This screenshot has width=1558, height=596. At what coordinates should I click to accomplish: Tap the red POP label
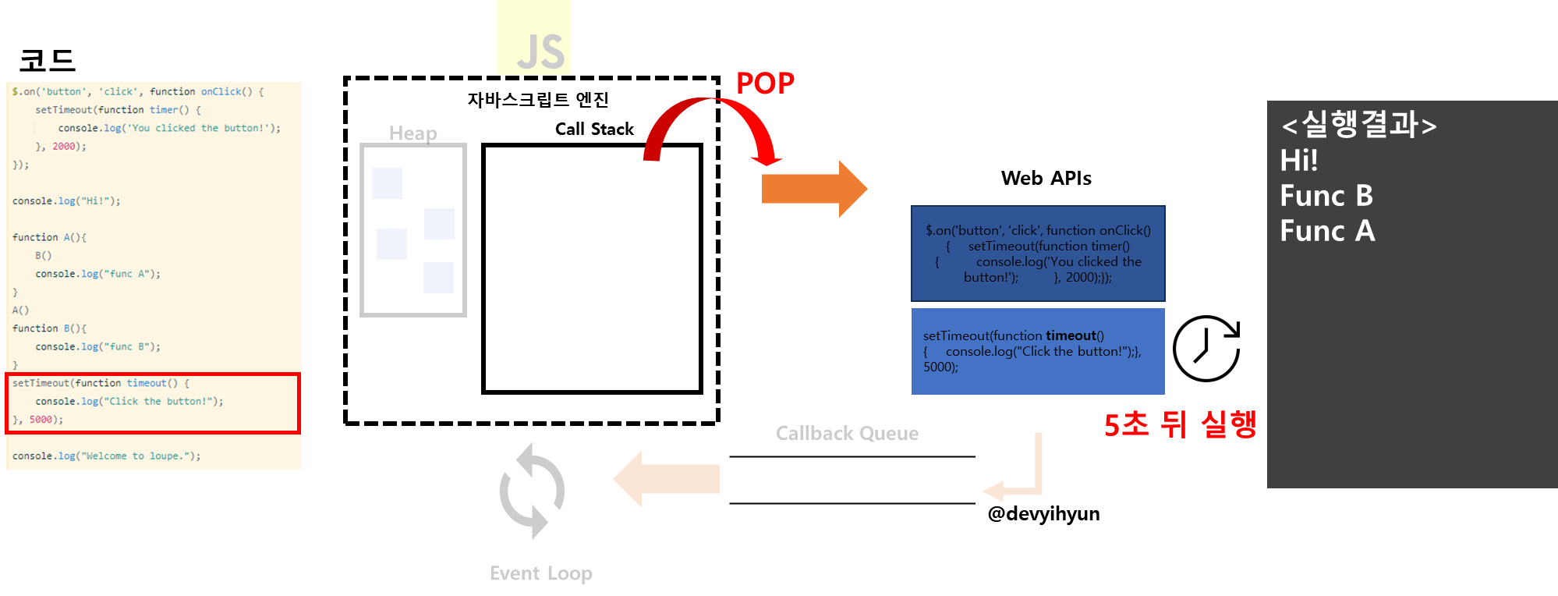tap(765, 83)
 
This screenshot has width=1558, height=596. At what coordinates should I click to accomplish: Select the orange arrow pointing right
tap(813, 189)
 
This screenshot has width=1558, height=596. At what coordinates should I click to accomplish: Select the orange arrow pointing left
tap(666, 479)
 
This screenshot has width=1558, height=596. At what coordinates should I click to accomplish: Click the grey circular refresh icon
tap(532, 491)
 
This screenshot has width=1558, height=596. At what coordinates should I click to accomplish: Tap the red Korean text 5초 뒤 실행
tap(1180, 424)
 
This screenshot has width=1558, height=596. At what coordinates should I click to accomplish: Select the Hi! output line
tap(1299, 161)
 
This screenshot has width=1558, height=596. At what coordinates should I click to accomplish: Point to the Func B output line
tap(1326, 196)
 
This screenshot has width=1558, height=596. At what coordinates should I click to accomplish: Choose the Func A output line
tap(1327, 231)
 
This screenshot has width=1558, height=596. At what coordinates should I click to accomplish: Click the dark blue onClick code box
tap(1038, 254)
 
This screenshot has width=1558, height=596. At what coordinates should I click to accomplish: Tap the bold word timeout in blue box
tap(1071, 335)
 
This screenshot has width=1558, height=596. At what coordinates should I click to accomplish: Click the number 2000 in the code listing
tap(64, 147)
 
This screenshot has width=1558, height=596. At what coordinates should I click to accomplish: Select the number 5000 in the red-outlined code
tap(41, 420)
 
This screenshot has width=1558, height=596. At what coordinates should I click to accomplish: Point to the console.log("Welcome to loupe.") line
tap(106, 456)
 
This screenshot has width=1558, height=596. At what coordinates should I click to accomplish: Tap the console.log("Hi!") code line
tap(66, 201)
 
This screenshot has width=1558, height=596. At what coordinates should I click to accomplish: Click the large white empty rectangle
tap(592, 269)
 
